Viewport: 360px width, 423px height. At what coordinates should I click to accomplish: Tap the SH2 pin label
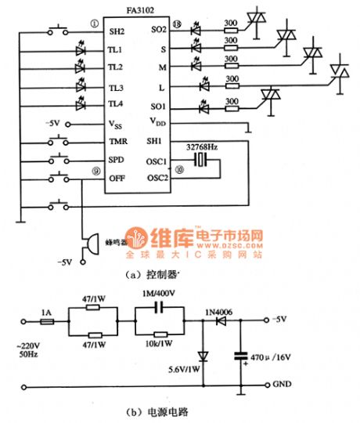(117, 32)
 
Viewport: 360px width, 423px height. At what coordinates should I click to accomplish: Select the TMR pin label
(118, 142)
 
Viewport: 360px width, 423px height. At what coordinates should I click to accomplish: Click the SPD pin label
(117, 160)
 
